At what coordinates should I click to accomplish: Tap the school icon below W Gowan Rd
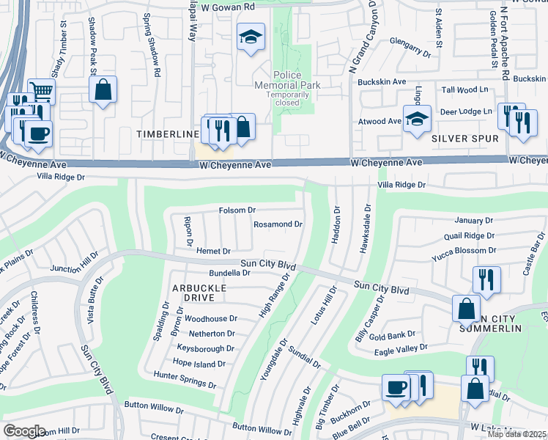pos(251,37)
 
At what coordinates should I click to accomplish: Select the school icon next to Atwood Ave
pos(416,120)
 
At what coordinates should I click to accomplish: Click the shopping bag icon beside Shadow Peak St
pos(103,90)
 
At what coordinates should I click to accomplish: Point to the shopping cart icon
pos(42,92)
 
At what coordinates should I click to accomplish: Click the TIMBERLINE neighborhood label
pos(168,134)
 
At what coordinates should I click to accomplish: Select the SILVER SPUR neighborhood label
pos(464,138)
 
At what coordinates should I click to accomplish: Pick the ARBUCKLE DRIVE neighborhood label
pos(193,293)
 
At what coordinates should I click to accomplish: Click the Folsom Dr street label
pos(237,210)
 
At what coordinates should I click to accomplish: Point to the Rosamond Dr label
pos(278,224)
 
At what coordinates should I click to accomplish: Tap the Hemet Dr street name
pos(213,251)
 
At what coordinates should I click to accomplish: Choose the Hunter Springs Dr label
pos(185,379)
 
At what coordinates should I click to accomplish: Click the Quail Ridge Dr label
pos(470,235)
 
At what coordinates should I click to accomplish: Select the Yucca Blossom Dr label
pos(464,250)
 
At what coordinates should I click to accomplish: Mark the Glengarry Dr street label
pos(410,47)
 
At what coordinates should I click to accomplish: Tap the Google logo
pos(24,431)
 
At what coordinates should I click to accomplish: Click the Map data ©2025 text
pos(516,434)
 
